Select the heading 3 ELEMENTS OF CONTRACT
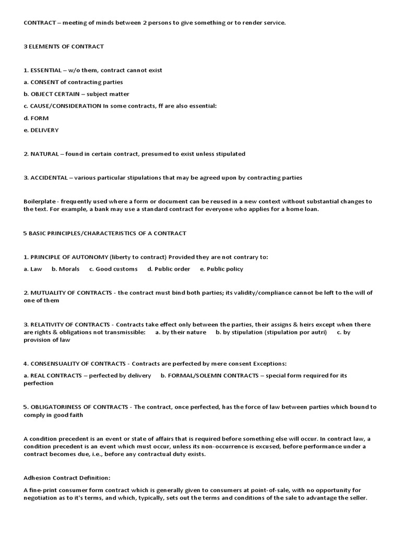point(64,46)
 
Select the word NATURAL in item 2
point(45,154)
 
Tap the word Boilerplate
point(40,202)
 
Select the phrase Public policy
point(225,269)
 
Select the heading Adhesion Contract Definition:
point(67,478)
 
